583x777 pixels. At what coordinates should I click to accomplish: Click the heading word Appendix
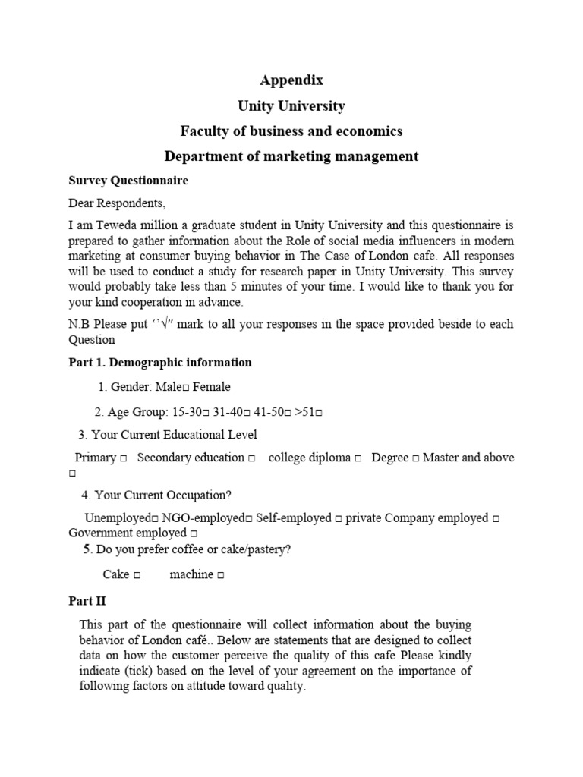[291, 80]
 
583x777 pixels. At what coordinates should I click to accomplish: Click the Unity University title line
[291, 105]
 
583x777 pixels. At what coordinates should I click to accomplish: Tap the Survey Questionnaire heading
[128, 181]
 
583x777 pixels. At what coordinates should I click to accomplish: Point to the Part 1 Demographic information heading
[160, 363]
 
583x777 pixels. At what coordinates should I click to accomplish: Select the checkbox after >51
[320, 414]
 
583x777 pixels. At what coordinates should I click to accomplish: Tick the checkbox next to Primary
[123, 459]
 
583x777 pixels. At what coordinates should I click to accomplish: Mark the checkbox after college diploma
[358, 459]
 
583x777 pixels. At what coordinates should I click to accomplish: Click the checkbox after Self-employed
[339, 519]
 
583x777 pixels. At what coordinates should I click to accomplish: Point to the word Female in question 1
[212, 387]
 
